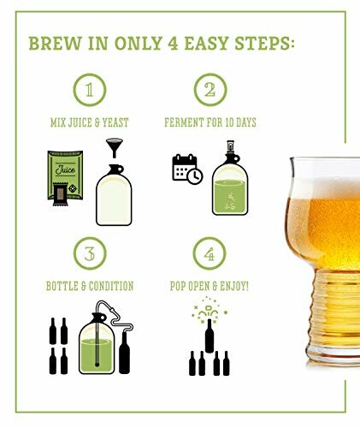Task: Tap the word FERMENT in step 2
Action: pos(185,122)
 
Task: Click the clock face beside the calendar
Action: pos(194,176)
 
